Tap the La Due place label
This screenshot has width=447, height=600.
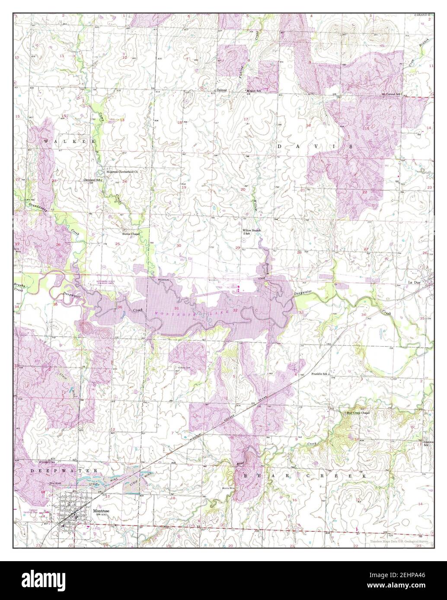(x=415, y=282)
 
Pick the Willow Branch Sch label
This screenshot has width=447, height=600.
(x=251, y=232)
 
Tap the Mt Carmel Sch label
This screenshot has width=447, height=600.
(x=391, y=94)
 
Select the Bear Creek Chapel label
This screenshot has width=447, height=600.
(x=358, y=413)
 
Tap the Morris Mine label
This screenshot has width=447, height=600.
(x=228, y=488)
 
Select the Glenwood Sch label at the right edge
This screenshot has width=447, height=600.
(x=428, y=443)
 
